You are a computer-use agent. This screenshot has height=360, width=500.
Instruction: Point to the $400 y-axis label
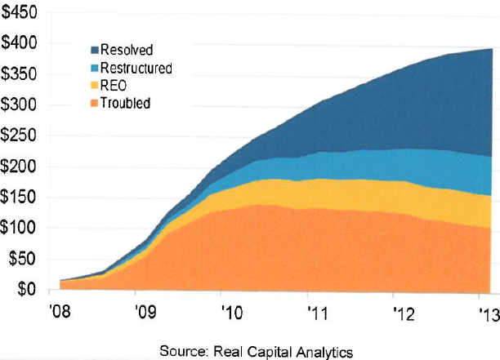coord(22,43)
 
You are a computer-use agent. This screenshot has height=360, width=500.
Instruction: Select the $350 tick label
coord(22,74)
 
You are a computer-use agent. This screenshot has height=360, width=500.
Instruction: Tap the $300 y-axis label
coord(22,105)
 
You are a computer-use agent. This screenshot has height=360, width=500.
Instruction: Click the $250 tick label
coord(22,136)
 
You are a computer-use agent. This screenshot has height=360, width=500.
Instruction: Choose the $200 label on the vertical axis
coord(22,167)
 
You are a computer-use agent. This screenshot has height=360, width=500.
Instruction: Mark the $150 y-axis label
coord(22,198)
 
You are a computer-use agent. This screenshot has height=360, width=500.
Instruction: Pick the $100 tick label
coord(22,229)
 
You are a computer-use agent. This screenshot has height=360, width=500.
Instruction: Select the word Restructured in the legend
coord(136,68)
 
